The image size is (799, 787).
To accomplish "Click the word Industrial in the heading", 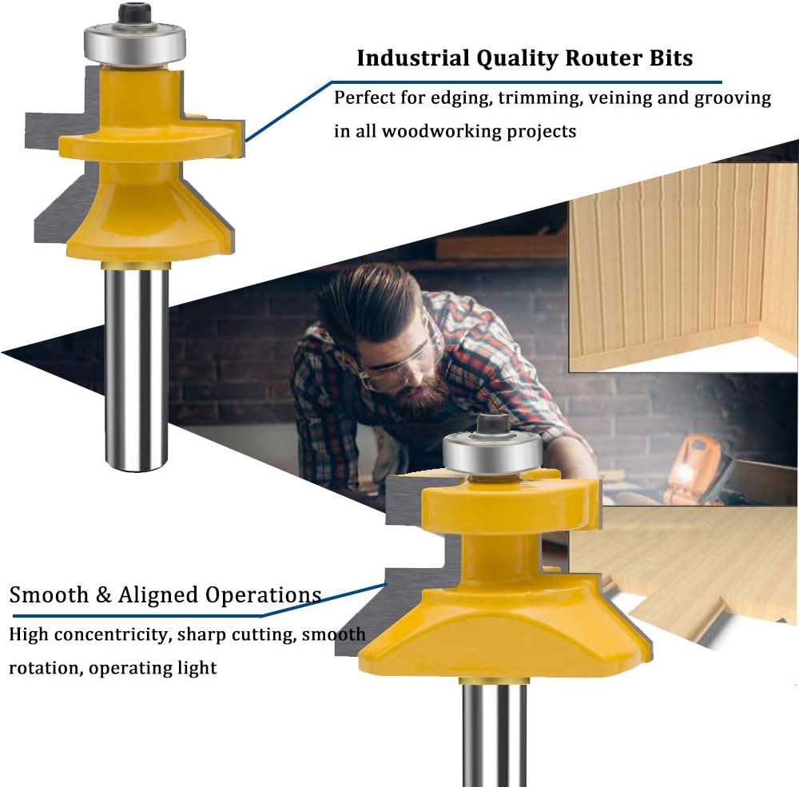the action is [412, 58].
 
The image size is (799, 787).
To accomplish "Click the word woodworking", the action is [441, 132].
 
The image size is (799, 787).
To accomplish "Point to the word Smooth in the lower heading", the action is [49, 594].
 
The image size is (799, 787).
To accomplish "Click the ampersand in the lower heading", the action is [103, 594].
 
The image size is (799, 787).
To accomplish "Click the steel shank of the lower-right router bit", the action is [494, 734].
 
